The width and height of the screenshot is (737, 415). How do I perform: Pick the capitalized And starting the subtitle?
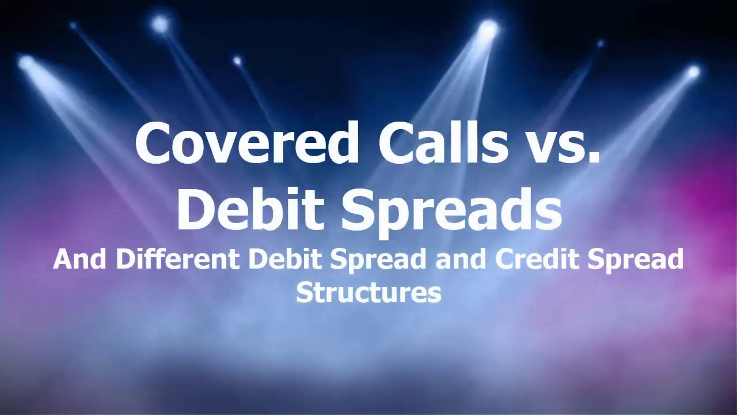tap(79, 259)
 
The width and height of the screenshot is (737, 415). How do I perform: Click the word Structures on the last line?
tap(368, 292)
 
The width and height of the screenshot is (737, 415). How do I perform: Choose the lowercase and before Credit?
tap(462, 259)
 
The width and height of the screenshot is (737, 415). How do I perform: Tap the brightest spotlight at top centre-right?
tap(488, 27)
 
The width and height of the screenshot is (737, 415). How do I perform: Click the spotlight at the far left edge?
tap(25, 62)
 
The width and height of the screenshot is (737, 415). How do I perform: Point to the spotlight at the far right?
tap(693, 72)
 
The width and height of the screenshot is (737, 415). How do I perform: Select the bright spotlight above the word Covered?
tap(159, 24)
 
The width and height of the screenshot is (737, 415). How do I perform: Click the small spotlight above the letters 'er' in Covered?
tap(237, 61)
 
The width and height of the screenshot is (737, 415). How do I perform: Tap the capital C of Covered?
tap(152, 143)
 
